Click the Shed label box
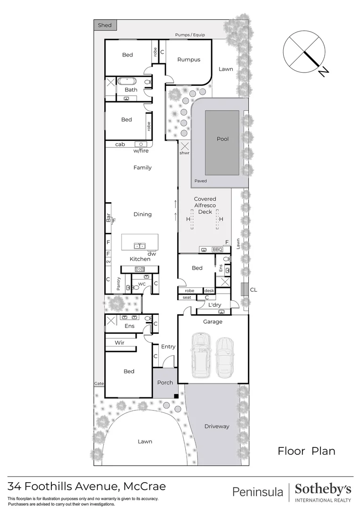(x=105, y=25)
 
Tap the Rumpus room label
(x=188, y=60)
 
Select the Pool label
(x=222, y=139)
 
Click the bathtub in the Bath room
(x=127, y=81)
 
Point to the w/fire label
(x=140, y=151)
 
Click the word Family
(x=142, y=167)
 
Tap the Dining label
(x=142, y=214)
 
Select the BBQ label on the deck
(x=217, y=249)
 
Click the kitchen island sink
(x=139, y=246)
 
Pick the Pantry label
(x=119, y=283)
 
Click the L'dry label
(x=215, y=305)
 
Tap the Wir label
(x=120, y=343)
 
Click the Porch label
(x=165, y=382)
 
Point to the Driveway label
(x=217, y=426)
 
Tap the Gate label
(x=98, y=384)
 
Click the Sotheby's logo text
(x=323, y=489)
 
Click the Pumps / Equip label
(x=190, y=35)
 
